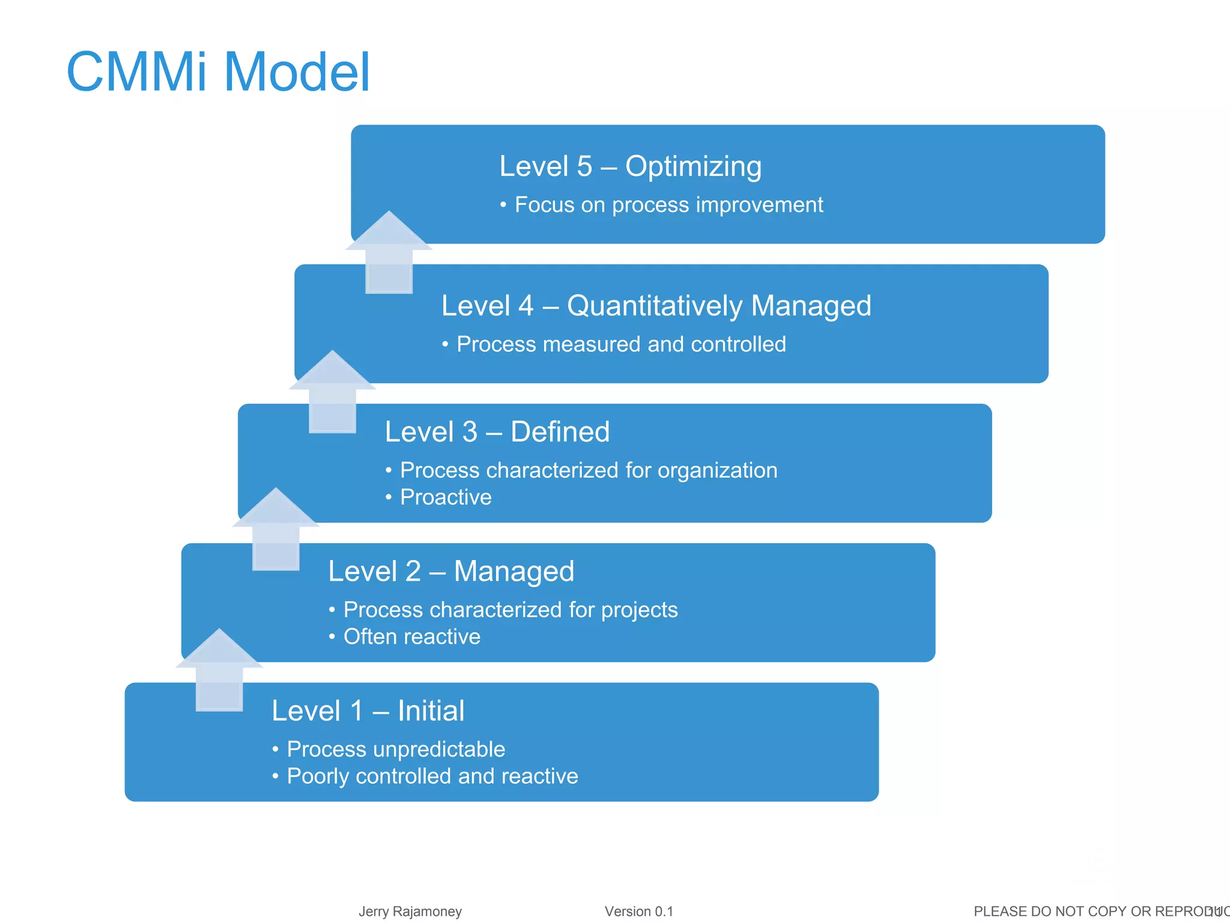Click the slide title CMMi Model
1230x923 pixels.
218,72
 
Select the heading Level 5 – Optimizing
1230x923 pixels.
630,166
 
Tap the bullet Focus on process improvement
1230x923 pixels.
668,205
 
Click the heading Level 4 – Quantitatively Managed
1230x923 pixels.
656,306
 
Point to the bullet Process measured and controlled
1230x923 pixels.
620,344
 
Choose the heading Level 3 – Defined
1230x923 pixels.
497,432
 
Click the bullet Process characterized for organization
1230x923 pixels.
588,471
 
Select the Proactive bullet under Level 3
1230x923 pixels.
445,498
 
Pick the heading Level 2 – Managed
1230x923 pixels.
451,571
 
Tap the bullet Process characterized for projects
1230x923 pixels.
510,610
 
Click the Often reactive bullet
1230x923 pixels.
411,637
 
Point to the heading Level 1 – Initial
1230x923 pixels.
368,711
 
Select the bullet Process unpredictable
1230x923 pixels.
395,749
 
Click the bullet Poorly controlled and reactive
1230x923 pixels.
432,776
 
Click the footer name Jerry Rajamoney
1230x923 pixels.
410,912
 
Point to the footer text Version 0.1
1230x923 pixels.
638,912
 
